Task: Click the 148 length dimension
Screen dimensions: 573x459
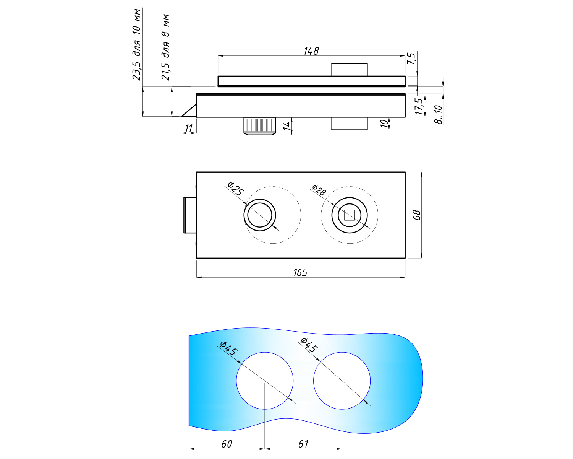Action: (x=311, y=51)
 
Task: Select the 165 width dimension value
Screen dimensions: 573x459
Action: (x=300, y=273)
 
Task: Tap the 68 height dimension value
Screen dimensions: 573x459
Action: (x=417, y=215)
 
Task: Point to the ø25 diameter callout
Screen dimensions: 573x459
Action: (x=236, y=189)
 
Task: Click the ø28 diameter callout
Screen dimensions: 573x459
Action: (x=319, y=190)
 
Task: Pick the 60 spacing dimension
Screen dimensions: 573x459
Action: (x=227, y=444)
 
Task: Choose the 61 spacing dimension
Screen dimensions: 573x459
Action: (x=303, y=444)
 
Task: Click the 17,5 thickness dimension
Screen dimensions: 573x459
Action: (x=419, y=106)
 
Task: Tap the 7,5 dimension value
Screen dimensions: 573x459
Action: (x=411, y=59)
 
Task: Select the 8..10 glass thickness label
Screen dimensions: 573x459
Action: (x=438, y=114)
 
